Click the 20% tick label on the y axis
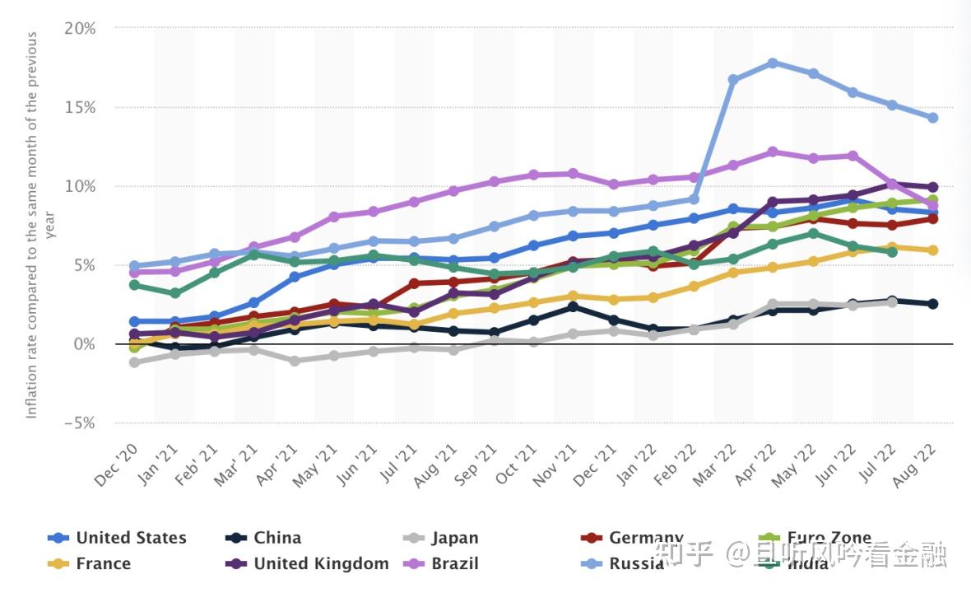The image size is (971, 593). click(80, 28)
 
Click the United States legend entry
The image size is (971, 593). click(131, 538)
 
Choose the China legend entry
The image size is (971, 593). click(276, 538)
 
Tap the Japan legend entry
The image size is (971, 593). click(454, 538)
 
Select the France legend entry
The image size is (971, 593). click(103, 563)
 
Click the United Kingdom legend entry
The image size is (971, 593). click(320, 563)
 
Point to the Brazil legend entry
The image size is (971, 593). click(454, 563)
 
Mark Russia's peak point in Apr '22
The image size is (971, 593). click(773, 63)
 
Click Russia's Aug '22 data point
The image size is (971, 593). click(932, 118)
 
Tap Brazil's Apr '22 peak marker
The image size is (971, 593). click(773, 152)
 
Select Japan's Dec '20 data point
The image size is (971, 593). click(134, 362)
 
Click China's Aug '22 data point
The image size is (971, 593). click(932, 304)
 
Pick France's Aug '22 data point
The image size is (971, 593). click(932, 250)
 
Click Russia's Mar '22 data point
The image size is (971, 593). click(732, 80)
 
